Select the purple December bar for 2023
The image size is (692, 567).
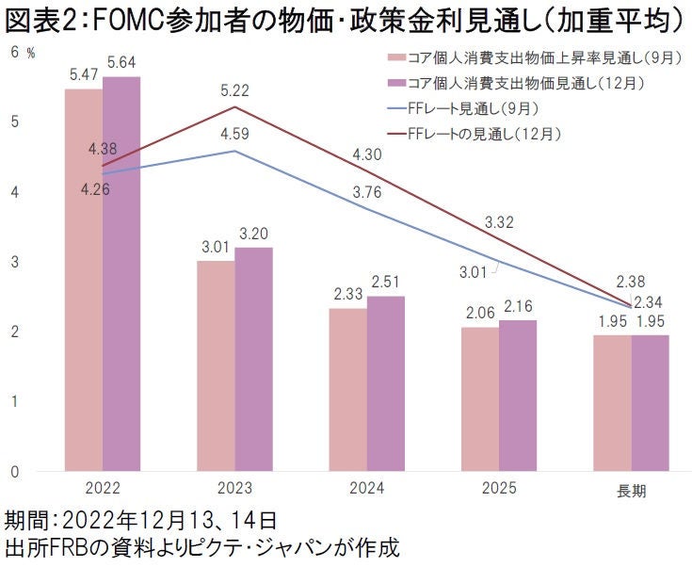[x=253, y=359]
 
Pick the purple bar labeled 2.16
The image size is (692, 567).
[x=518, y=396]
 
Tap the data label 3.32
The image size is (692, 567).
[x=499, y=222]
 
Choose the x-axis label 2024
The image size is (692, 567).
[x=366, y=491]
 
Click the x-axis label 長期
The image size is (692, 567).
[x=631, y=492]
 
